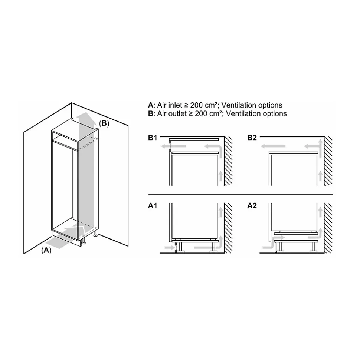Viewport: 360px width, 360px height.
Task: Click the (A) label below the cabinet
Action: coord(46,250)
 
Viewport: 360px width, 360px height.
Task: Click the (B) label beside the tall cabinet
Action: coord(104,123)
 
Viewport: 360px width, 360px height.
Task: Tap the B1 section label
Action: coord(153,138)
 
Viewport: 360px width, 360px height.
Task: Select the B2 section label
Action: coord(252,138)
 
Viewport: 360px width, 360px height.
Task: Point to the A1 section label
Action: coord(153,205)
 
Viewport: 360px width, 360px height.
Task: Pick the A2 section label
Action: coord(252,205)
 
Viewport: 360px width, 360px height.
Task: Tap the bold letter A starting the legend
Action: coord(151,105)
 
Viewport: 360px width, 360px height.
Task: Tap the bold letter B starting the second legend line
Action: coord(151,114)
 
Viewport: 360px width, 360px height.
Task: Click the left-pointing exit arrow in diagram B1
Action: coord(173,146)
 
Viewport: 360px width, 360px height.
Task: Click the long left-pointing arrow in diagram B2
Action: coord(273,146)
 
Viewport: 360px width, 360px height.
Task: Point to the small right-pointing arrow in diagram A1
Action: coord(170,247)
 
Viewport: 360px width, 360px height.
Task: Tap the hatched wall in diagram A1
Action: coord(228,228)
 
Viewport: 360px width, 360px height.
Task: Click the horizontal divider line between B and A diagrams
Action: coord(240,195)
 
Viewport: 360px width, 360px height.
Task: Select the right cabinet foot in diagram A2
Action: coord(313,248)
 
